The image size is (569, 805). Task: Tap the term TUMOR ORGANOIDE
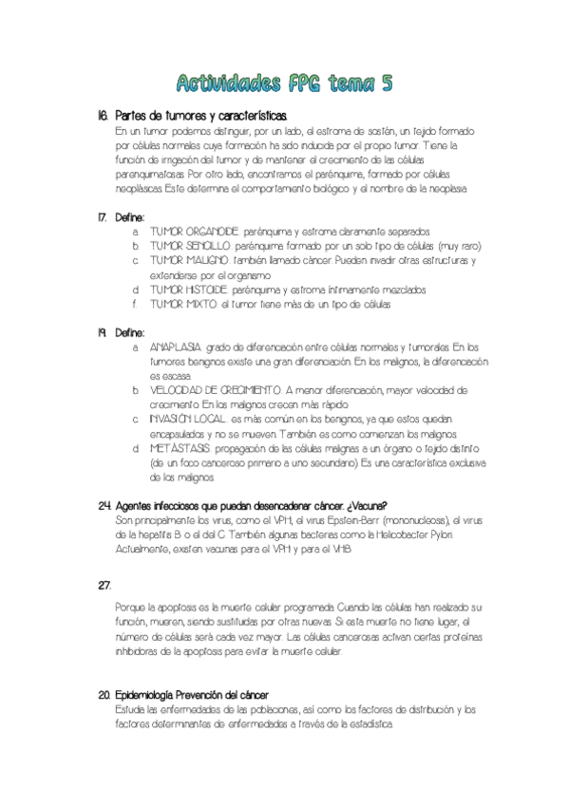pyautogui.click(x=196, y=231)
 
